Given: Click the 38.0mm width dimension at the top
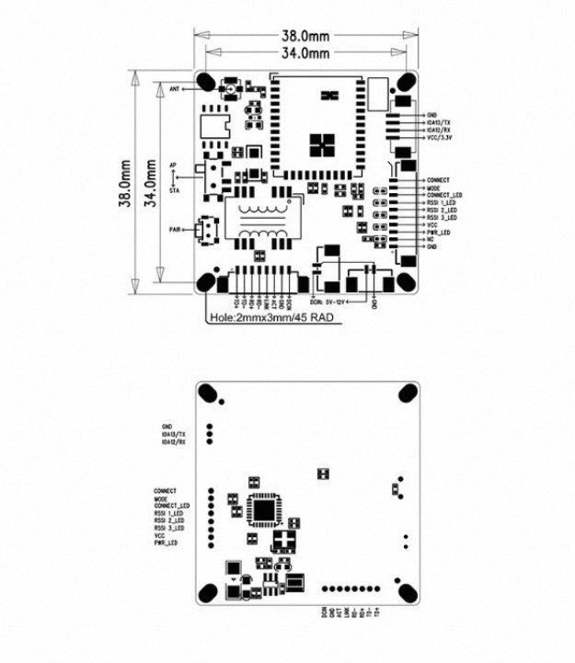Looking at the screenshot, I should click(305, 36).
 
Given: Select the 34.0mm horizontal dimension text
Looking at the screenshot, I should click(305, 53).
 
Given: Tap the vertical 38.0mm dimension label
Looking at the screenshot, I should click(122, 185).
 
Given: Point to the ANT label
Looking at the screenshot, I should click(175, 89).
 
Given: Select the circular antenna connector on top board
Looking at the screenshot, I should click(229, 89).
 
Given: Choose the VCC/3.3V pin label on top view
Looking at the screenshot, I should click(441, 139).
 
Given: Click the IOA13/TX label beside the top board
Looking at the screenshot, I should click(440, 122).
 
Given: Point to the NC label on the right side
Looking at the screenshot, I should click(431, 240).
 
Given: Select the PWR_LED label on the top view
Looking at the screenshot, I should click(438, 233).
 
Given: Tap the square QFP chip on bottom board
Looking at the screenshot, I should click(266, 509).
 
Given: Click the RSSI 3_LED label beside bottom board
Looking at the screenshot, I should click(170, 529).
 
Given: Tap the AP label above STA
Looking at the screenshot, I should click(173, 165).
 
